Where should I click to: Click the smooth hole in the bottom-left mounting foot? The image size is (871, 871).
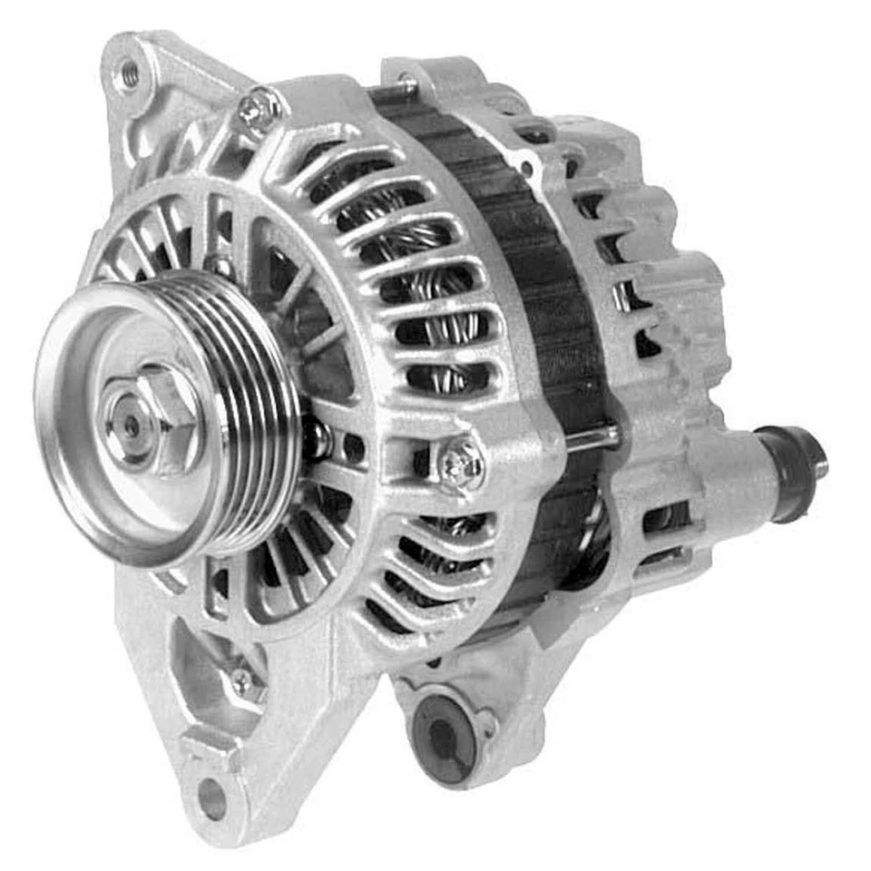coord(210,798)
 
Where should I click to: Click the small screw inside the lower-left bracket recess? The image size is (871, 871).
coord(242,680)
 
